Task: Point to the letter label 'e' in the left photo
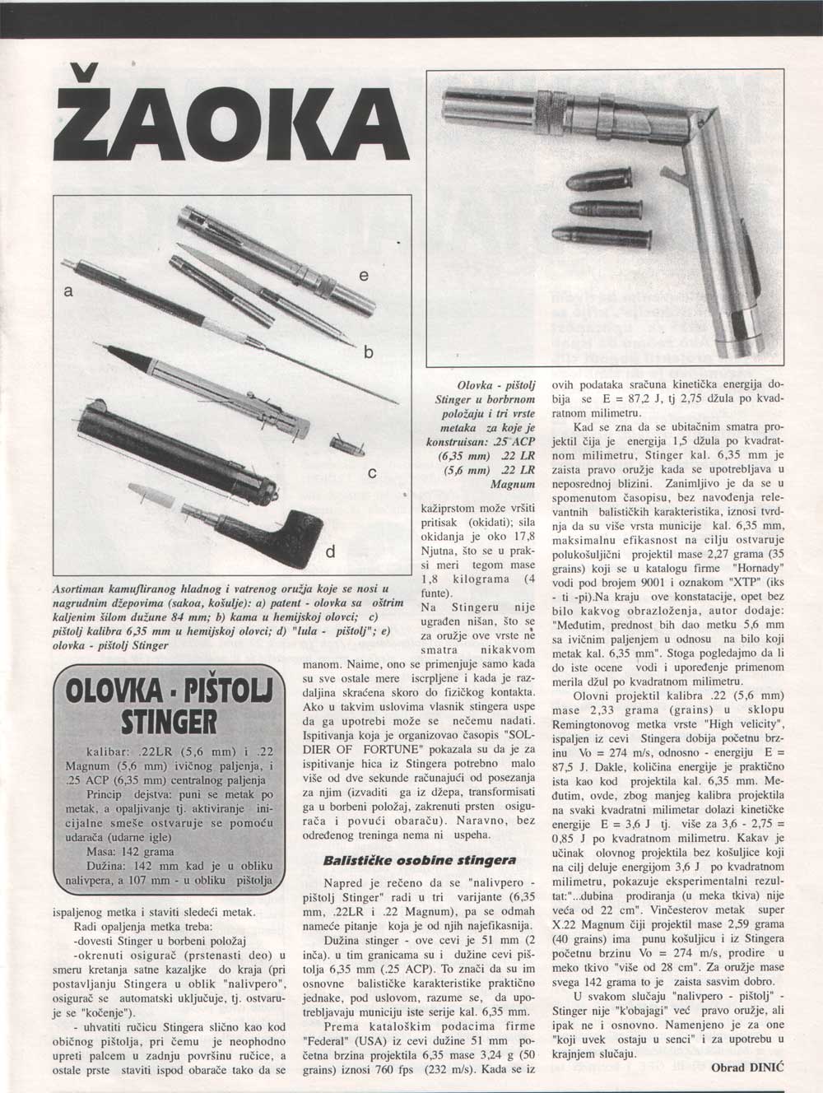(364, 277)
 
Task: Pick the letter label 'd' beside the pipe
(330, 551)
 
